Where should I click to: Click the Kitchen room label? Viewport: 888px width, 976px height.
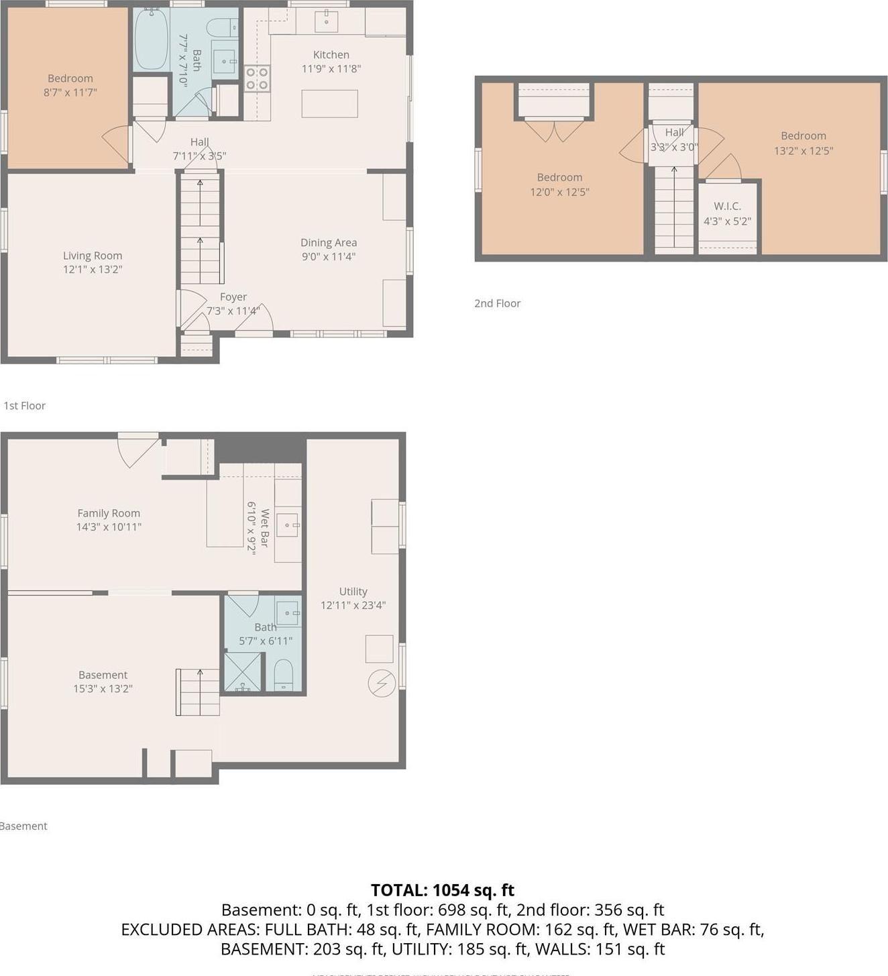(331, 55)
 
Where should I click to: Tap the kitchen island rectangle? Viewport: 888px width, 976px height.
(329, 104)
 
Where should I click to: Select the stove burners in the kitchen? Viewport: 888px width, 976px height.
(257, 78)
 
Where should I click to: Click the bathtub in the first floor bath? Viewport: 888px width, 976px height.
(151, 39)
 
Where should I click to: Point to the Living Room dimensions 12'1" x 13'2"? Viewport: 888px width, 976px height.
(93, 270)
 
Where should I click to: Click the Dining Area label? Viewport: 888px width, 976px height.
(328, 242)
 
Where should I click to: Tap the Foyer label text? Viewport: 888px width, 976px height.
(233, 296)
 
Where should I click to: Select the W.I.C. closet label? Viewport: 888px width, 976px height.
(727, 206)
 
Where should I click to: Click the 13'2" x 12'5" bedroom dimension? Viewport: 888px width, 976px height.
(803, 151)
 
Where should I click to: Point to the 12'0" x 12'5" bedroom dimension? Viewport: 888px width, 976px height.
(559, 192)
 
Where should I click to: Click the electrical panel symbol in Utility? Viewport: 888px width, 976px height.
(382, 684)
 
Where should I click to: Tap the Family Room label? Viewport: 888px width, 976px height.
(109, 513)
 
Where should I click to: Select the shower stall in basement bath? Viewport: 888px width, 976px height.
(243, 672)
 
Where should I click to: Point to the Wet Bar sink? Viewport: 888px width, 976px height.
(288, 525)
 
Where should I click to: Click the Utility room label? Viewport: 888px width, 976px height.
(353, 591)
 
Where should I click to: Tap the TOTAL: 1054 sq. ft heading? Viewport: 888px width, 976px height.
(443, 890)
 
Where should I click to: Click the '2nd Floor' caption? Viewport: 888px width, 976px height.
(497, 303)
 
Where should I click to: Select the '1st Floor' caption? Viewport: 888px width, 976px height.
(25, 406)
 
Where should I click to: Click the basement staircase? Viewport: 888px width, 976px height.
(199, 692)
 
